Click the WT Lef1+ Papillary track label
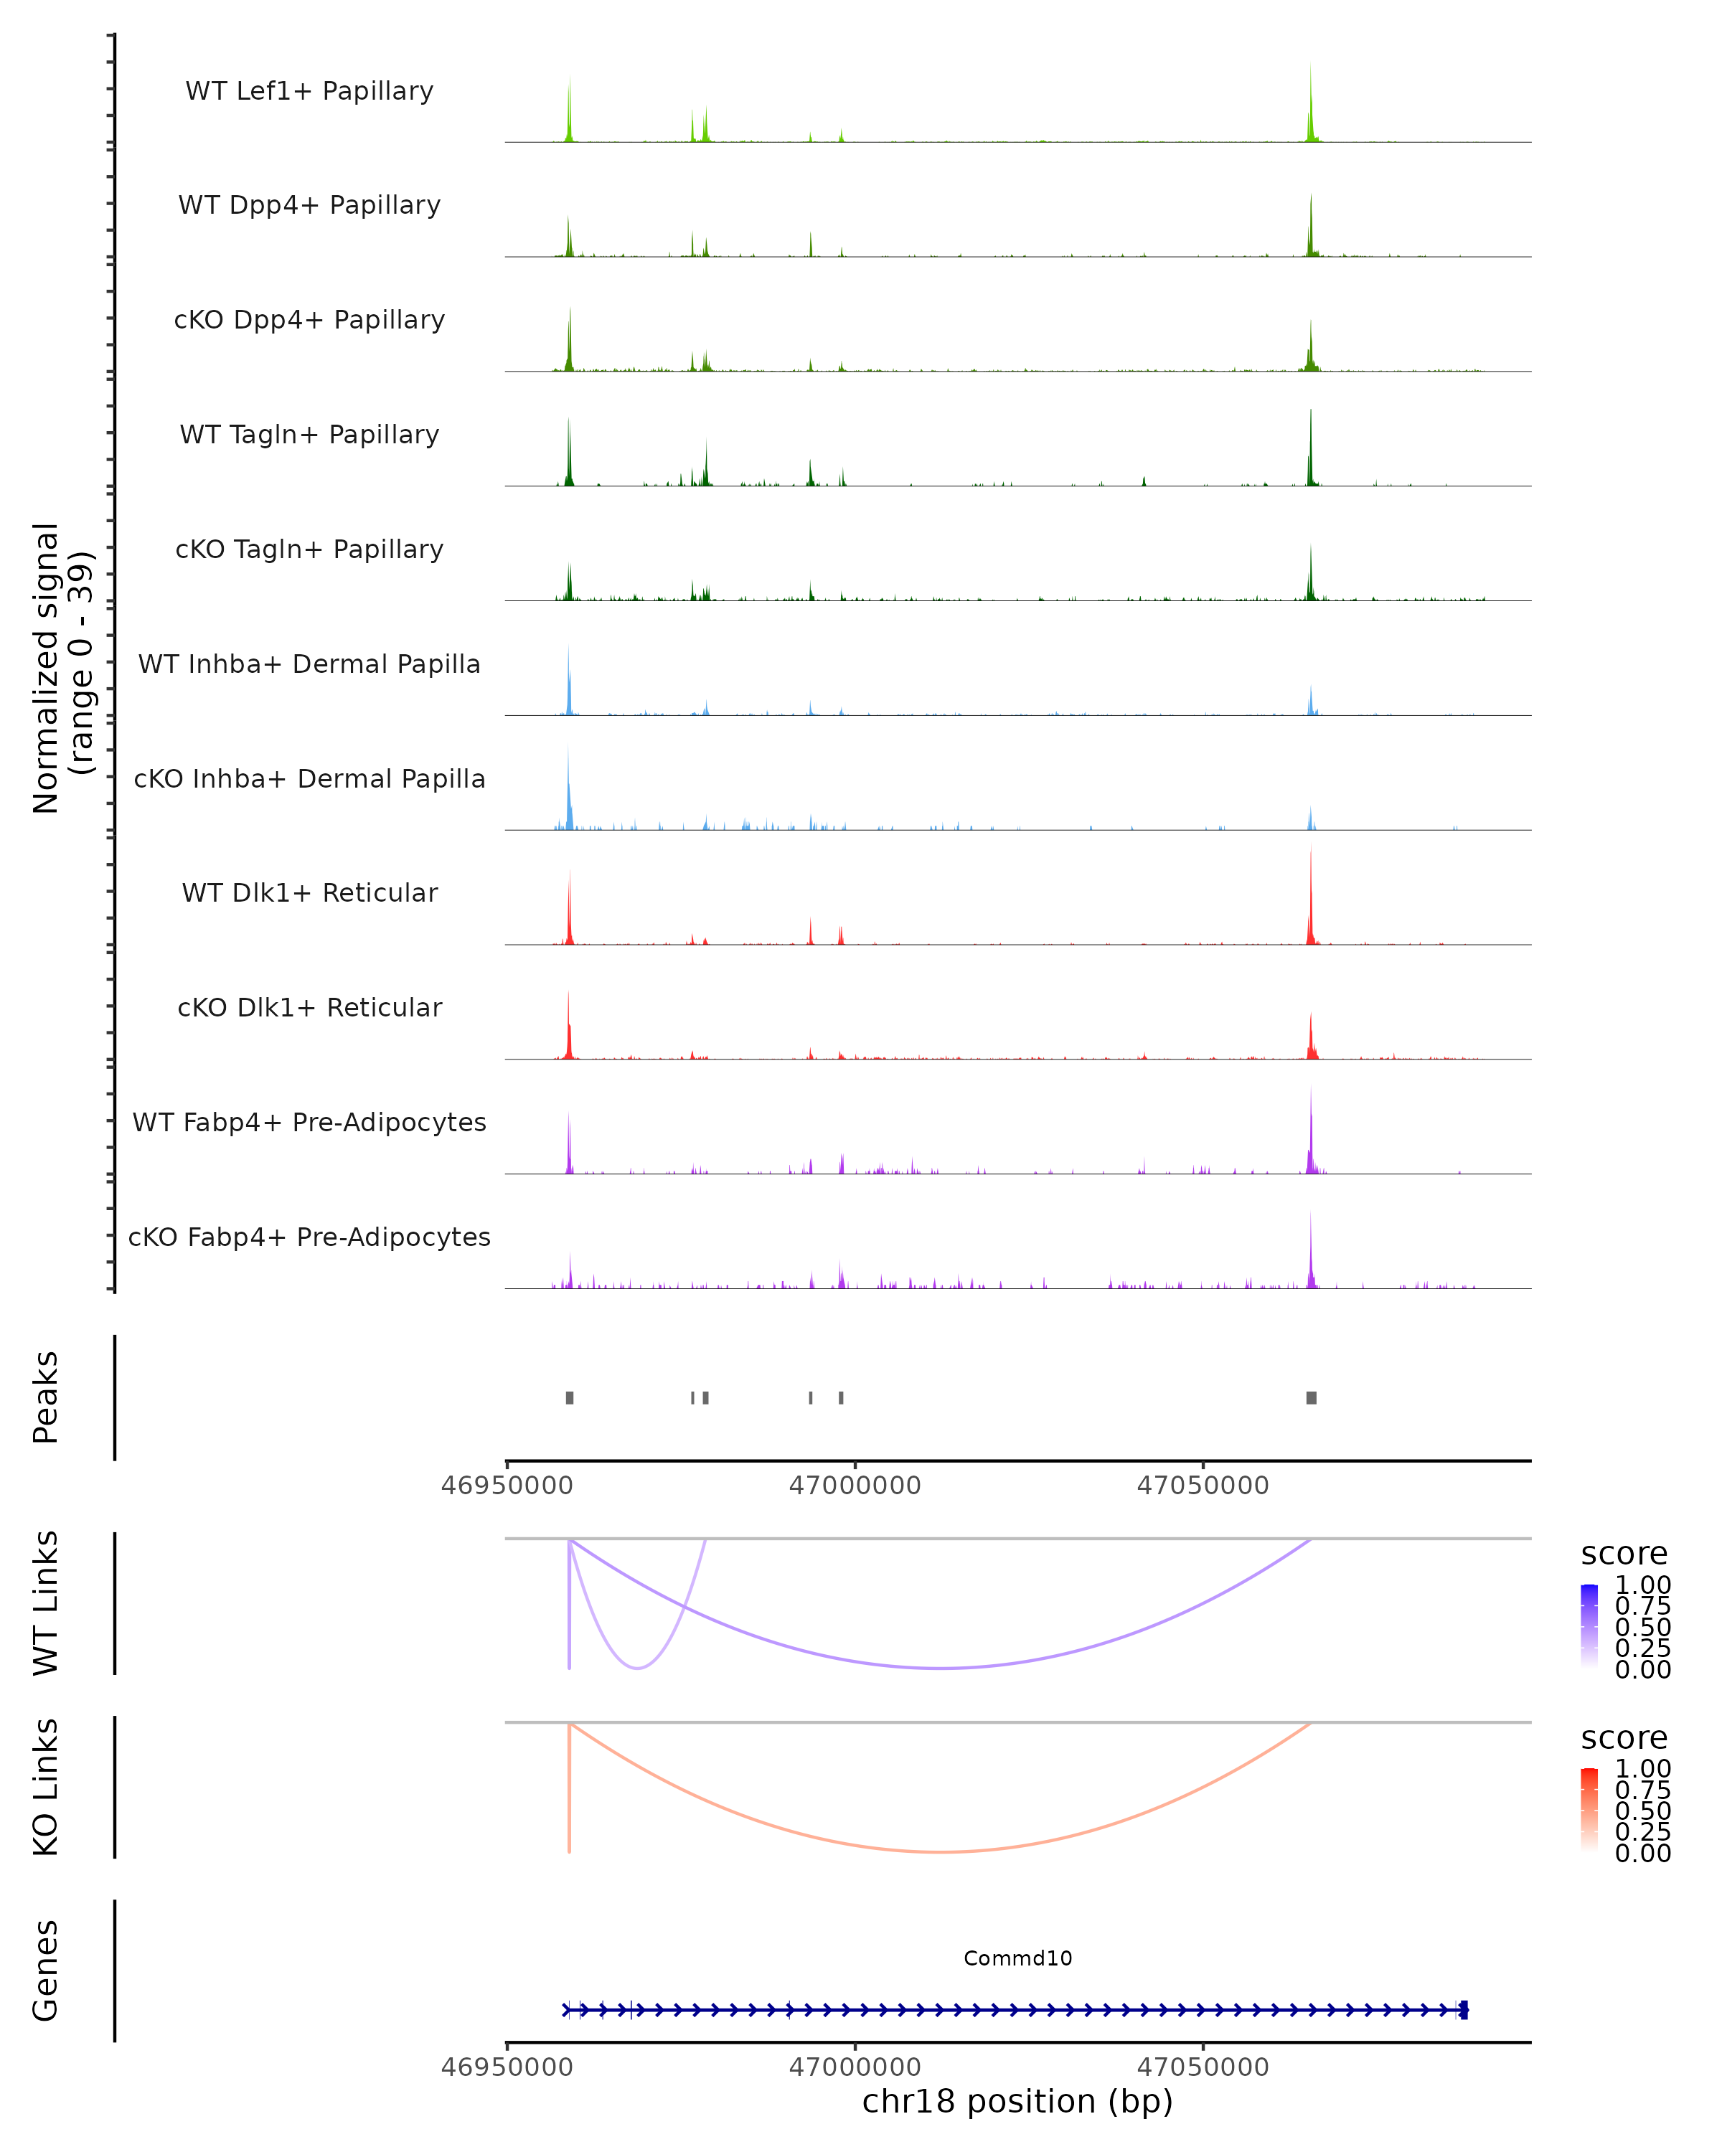pos(309,91)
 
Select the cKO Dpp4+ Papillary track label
pos(309,321)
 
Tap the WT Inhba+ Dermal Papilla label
pos(309,665)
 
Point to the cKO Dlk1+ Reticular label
pos(309,1008)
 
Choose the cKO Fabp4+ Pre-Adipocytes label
pos(309,1237)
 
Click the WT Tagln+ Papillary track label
pos(309,435)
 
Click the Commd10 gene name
pos(1017,1958)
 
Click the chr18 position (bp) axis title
pos(1017,2102)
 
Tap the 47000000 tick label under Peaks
pos(855,1486)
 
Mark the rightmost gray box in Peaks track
pos(1311,1397)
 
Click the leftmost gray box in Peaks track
pos(569,1397)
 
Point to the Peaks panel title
pos(46,1397)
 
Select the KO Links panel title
pos(46,1788)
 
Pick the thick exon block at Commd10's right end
pos(1464,2010)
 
